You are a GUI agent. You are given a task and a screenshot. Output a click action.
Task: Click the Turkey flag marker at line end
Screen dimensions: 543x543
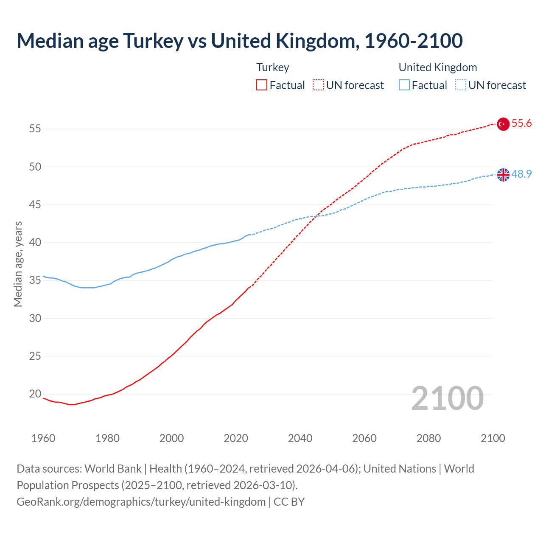503,124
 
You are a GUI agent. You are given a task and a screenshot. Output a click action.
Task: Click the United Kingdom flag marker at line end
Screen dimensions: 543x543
503,175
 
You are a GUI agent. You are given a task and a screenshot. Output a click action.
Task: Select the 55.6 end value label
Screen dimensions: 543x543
521,123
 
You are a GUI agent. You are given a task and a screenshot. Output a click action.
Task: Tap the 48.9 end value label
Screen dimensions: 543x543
521,174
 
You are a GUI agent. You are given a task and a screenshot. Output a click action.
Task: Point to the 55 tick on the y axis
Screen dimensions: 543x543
35,129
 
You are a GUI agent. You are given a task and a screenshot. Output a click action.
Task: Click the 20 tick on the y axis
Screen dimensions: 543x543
35,394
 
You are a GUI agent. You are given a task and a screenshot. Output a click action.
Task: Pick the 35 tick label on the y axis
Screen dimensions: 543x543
35,280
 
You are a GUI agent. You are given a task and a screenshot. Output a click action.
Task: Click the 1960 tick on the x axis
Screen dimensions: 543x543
43,438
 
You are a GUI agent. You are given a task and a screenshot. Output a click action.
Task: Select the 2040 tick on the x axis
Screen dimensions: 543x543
300,438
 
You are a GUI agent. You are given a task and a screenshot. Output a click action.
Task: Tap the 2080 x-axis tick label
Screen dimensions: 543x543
428,438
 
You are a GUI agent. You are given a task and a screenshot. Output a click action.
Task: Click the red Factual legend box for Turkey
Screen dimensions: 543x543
262,85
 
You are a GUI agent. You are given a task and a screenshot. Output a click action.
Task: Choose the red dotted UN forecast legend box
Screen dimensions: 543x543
318,85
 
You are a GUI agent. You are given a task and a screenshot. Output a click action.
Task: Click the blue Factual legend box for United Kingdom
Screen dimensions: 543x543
404,85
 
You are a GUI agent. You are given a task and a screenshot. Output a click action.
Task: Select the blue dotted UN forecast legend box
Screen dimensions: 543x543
460,85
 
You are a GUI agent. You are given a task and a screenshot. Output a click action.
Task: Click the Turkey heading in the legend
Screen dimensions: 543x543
273,67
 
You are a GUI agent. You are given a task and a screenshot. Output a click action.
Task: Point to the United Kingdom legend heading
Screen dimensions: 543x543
438,67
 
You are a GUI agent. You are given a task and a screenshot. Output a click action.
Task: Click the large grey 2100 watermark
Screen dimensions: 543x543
448,398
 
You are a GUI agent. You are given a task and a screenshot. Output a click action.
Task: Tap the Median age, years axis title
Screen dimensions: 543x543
18,264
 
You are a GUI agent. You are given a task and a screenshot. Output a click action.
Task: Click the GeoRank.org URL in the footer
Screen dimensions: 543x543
141,502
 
